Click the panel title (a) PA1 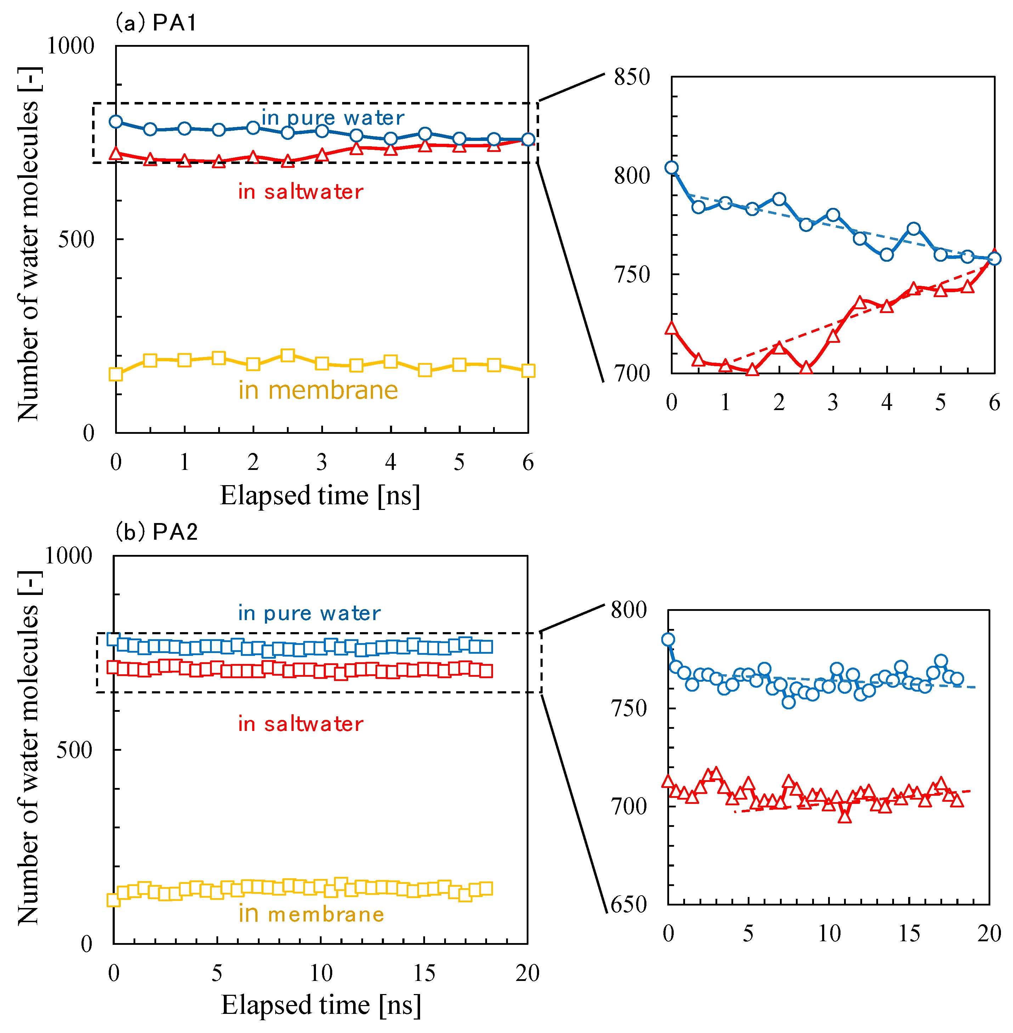tap(156, 23)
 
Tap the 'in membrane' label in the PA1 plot tap(318, 391)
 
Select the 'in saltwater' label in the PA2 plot tap(301, 724)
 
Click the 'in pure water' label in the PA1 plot tap(333, 118)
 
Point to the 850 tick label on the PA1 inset tap(632, 77)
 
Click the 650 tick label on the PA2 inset tap(629, 904)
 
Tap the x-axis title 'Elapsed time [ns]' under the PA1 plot tap(320, 496)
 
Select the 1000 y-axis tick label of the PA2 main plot tap(68, 556)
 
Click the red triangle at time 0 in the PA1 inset tap(672, 328)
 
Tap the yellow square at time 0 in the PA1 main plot tap(116, 374)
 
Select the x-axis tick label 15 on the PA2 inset tap(909, 933)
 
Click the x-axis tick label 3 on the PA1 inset tap(833, 402)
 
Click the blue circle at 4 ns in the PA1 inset tap(886, 255)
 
